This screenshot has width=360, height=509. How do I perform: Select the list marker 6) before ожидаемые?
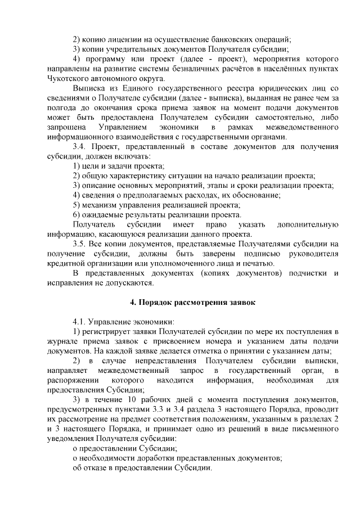pos(78,214)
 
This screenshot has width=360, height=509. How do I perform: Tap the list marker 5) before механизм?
pos(78,205)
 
